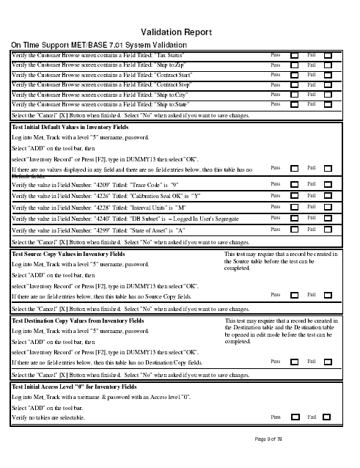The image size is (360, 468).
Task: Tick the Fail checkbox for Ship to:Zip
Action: coord(328,65)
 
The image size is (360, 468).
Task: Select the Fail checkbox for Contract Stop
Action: coord(328,85)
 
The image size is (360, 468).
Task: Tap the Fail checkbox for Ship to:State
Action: coord(328,105)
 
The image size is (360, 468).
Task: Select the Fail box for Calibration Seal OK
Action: coord(328,196)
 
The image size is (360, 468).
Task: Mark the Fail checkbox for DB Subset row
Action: coord(328,219)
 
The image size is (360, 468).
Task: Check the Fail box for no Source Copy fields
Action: coord(328,295)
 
